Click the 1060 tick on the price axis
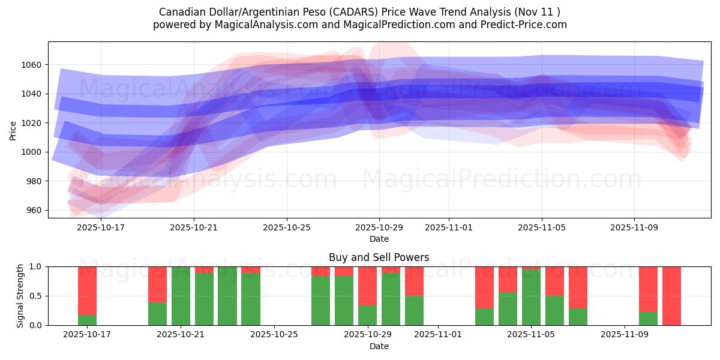click(34, 65)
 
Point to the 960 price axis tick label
click(34, 211)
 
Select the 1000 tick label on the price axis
click(34, 152)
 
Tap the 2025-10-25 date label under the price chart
click(286, 228)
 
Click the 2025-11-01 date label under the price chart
click(449, 228)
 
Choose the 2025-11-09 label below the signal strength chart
click(625, 335)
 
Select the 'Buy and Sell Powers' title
click(379, 258)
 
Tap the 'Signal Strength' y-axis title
click(20, 296)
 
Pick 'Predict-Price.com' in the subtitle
click(528, 25)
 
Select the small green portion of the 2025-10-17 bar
click(87, 320)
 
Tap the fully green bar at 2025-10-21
click(181, 296)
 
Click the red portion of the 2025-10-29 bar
click(367, 286)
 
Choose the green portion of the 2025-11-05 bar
click(531, 298)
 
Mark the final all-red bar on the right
click(671, 296)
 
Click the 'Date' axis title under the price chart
click(379, 239)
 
